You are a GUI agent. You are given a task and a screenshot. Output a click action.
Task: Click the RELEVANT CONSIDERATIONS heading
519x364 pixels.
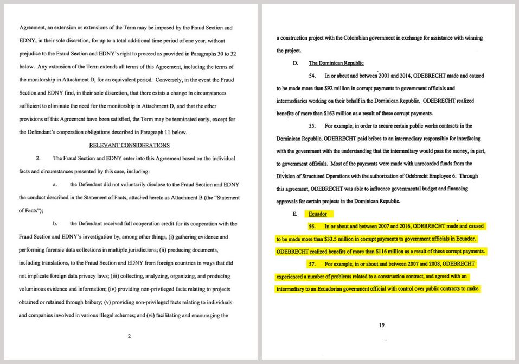click(129, 145)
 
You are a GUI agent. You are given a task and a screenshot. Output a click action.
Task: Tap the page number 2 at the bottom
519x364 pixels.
click(129, 336)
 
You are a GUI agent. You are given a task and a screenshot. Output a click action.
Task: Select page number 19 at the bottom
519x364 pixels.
click(382, 325)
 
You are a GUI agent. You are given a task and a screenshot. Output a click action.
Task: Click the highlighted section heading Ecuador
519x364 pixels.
click(318, 214)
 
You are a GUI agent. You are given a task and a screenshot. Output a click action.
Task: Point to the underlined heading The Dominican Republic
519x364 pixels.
click(336, 63)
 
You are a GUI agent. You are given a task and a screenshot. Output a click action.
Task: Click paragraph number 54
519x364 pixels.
click(312, 76)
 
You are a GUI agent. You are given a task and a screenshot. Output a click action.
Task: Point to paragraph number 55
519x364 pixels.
click(312, 126)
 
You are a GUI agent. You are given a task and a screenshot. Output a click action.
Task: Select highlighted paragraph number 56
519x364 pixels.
click(312, 226)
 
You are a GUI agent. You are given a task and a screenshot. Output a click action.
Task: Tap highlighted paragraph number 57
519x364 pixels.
click(312, 264)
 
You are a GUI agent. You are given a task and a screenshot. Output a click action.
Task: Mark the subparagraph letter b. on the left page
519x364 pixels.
click(55, 224)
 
